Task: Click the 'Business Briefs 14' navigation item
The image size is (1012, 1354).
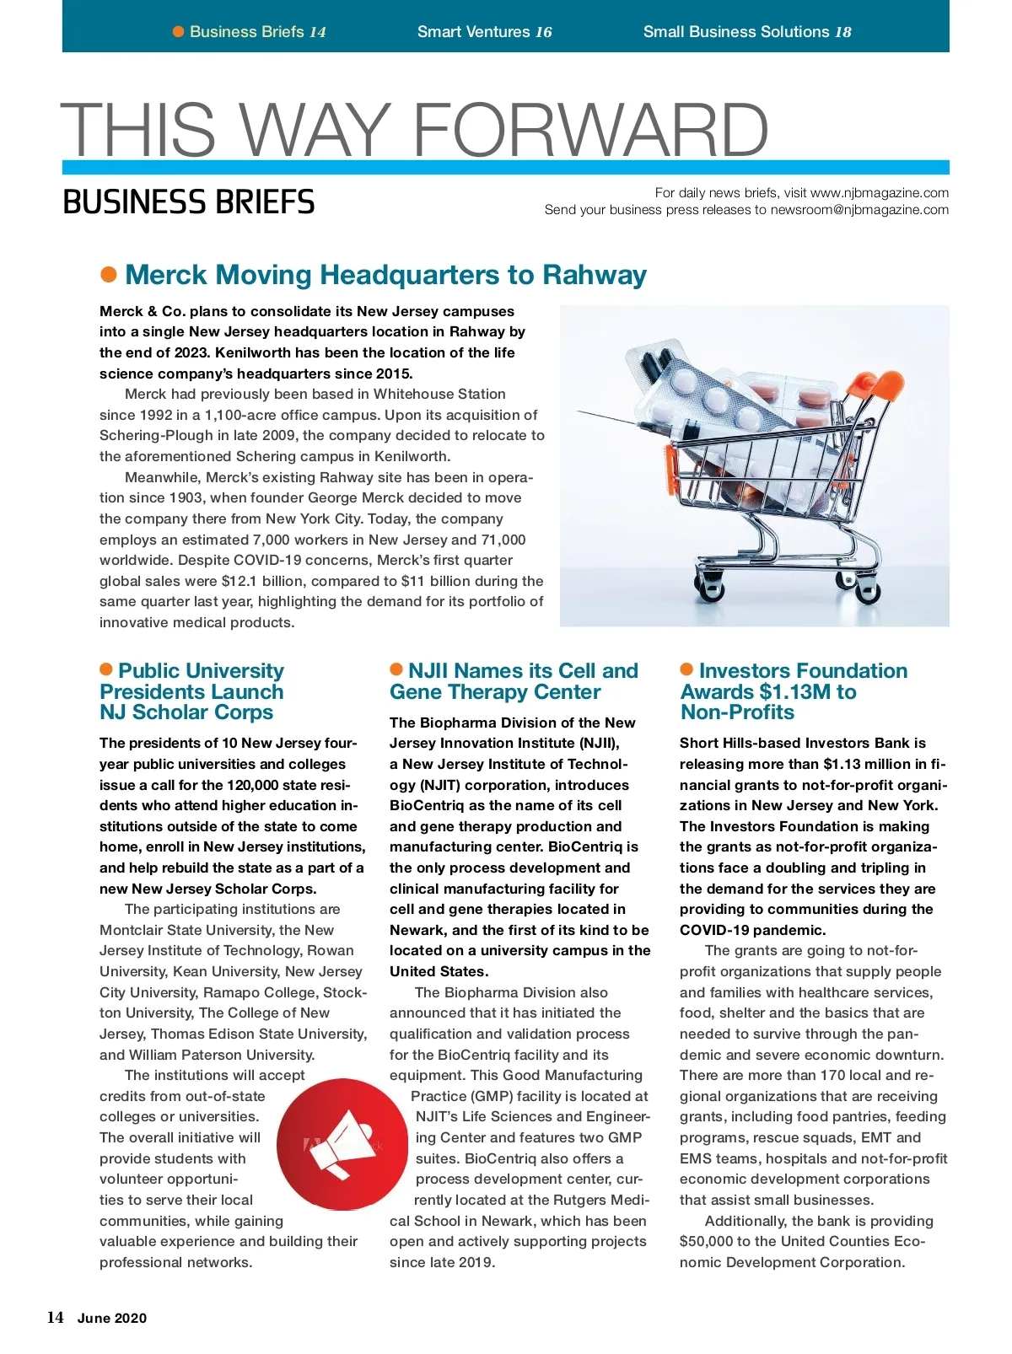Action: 257,32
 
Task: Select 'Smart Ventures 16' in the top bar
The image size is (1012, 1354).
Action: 484,32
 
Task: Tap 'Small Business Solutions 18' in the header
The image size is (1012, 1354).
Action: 747,32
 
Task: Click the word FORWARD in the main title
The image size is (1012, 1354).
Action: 590,131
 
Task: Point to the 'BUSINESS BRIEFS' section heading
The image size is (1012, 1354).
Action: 189,202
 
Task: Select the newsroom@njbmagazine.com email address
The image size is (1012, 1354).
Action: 859,210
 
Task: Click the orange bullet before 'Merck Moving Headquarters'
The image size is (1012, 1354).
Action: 109,275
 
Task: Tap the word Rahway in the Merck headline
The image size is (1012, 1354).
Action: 595,275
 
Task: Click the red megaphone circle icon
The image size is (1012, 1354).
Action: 342,1144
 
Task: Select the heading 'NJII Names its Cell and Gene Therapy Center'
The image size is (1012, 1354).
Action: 514,681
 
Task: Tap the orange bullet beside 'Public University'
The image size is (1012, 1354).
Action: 106,669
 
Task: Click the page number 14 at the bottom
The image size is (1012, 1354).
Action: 55,1318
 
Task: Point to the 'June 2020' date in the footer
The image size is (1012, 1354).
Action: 112,1319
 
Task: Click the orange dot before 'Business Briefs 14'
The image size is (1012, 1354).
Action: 178,32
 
